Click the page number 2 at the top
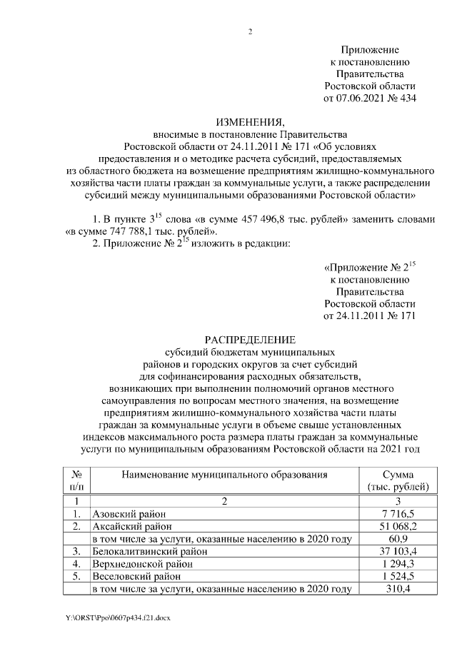click(x=249, y=31)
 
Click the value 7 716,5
click(x=397, y=514)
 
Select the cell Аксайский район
click(x=129, y=526)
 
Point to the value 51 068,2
click(x=397, y=526)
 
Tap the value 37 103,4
click(x=397, y=551)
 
